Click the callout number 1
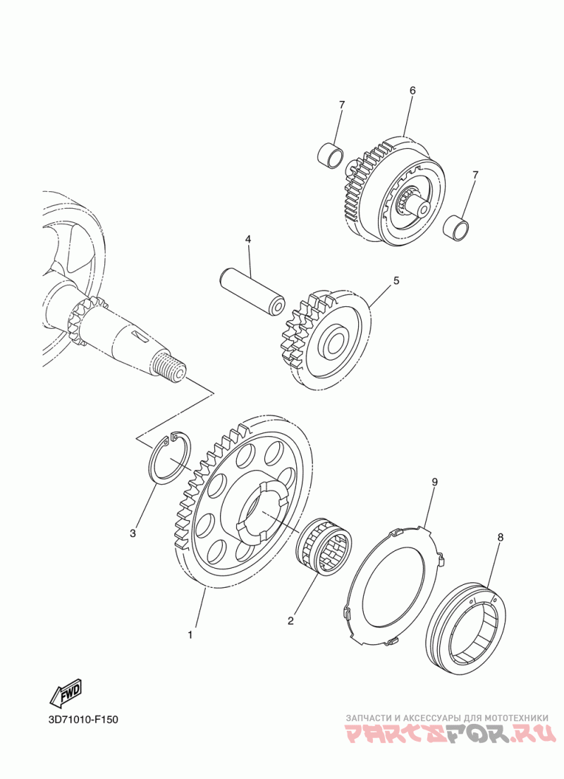[190, 634]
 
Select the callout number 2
[291, 620]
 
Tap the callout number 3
[133, 533]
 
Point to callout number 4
[247, 239]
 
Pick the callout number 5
[396, 281]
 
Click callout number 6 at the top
[412, 90]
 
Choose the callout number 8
[501, 537]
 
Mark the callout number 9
[434, 481]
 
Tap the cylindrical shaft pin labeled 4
[252, 292]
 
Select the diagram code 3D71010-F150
[83, 720]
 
